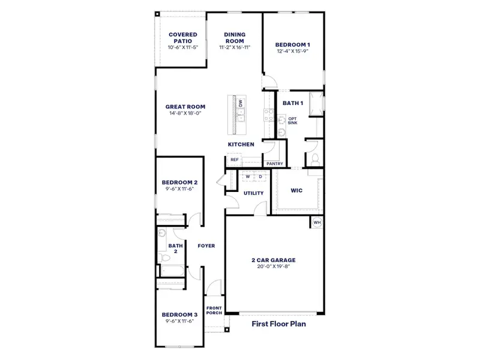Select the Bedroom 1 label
[x=293, y=44]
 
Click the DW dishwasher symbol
[x=241, y=103]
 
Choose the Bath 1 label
[x=293, y=103]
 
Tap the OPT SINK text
[x=293, y=121]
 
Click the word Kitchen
[x=241, y=145]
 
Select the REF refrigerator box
[x=235, y=160]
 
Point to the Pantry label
[x=274, y=163]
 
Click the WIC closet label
[x=296, y=190]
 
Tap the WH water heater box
[x=317, y=223]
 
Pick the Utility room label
[x=253, y=193]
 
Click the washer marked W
[x=247, y=176]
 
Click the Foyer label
[x=206, y=246]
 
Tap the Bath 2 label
[x=175, y=248]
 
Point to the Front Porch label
[x=214, y=311]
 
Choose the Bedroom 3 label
[x=179, y=314]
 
